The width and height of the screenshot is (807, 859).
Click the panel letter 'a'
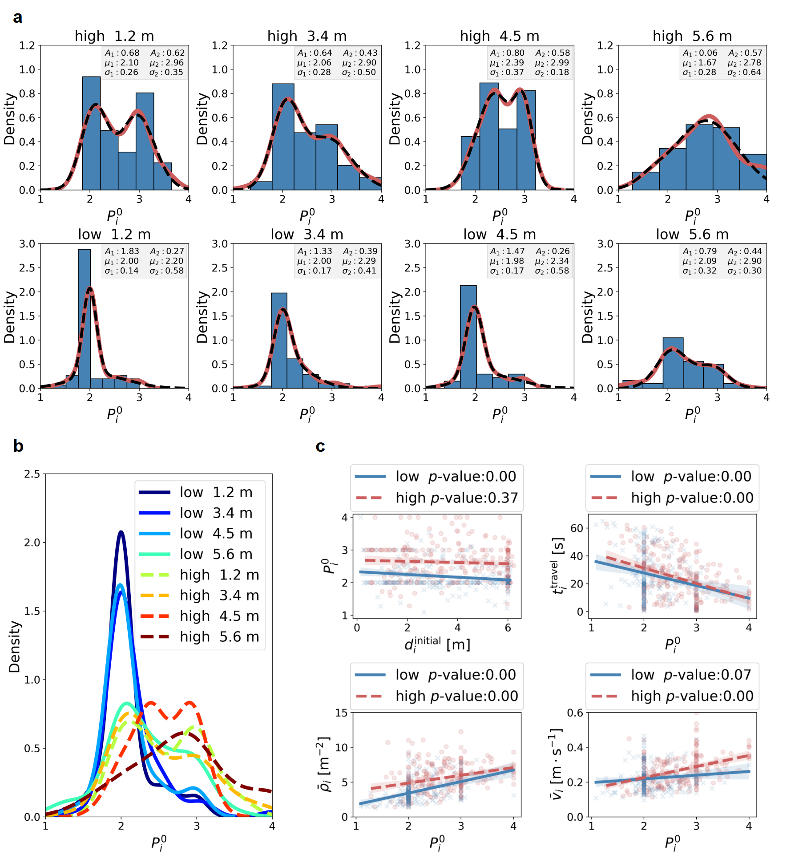click(17, 17)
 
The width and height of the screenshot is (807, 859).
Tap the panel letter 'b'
click(18, 446)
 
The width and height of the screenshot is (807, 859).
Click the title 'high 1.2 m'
click(114, 36)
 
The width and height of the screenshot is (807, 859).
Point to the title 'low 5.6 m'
click(692, 235)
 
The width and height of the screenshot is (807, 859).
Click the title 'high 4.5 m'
click(500, 36)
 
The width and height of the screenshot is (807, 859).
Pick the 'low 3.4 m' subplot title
click(307, 235)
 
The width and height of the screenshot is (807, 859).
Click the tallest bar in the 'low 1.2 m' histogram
click(85, 318)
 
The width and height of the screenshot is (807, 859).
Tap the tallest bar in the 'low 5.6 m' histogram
click(673, 363)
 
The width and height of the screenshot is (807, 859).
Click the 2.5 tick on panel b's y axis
click(32, 474)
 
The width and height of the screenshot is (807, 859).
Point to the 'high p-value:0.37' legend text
click(457, 498)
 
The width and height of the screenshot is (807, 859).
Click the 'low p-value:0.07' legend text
click(691, 675)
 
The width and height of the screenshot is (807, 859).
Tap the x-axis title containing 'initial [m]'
click(437, 644)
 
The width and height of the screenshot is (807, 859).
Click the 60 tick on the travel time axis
click(577, 528)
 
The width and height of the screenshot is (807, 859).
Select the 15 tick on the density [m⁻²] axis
click(342, 713)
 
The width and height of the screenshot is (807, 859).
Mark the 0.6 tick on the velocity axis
click(575, 713)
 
